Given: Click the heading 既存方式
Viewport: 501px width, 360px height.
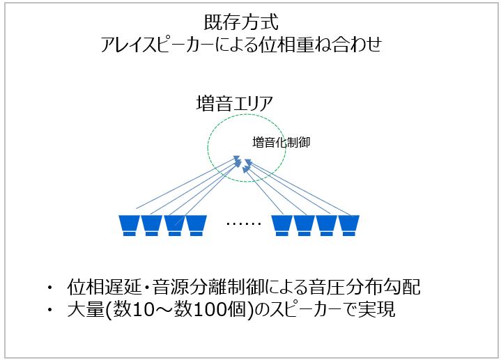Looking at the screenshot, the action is pos(241,22).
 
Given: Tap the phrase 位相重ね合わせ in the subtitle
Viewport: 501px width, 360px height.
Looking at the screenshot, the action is pos(320,45).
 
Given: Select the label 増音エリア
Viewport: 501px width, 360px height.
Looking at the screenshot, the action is pos(235,104).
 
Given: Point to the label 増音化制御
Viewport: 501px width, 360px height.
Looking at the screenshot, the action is pos(282,142).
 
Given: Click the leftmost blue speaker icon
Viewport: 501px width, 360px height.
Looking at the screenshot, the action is pos(129,226).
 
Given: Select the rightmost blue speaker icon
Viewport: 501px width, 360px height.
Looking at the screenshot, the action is pos(349,226).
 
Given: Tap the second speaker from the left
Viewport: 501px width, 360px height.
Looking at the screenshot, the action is pos(151,226).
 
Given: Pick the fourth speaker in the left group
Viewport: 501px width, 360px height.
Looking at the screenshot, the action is pos(196,226).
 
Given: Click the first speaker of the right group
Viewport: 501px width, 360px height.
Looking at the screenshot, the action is pos(282,226).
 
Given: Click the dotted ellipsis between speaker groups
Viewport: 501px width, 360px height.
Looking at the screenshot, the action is pos(243,224).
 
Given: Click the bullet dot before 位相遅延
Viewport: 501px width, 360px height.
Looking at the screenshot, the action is pos(49,288).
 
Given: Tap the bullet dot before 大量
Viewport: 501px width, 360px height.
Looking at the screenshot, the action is pos(49,310).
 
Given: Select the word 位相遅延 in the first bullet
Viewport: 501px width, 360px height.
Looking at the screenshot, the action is pos(104,287).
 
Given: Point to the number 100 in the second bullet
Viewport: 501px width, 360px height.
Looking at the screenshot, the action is pos(208,310).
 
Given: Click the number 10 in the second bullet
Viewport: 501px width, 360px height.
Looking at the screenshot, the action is pos(142,310).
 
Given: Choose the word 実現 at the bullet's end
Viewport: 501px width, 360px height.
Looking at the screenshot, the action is pos(376,309).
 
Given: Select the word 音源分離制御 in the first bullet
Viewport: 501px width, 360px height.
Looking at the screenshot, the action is pos(208,287).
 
